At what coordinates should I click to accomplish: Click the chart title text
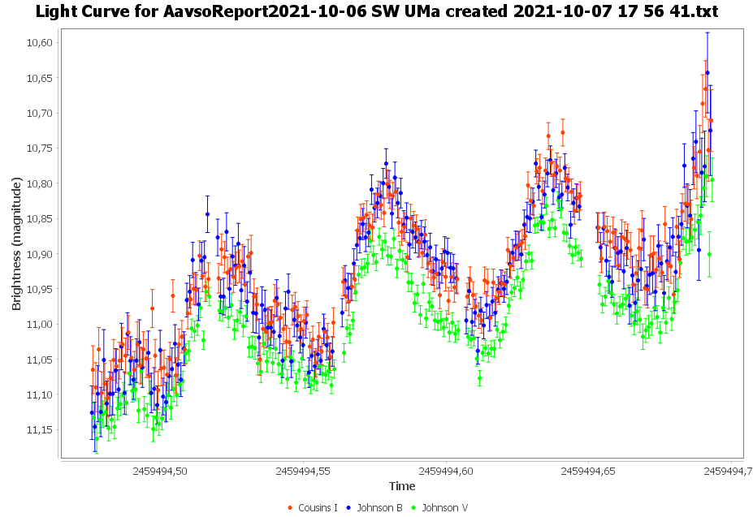click(x=376, y=12)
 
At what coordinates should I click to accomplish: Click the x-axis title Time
click(x=402, y=486)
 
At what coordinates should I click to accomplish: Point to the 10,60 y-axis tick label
click(x=40, y=42)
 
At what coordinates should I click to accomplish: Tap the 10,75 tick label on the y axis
click(x=40, y=148)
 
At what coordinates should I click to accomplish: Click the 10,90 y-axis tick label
click(x=40, y=254)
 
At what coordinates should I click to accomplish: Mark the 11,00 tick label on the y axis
click(x=40, y=324)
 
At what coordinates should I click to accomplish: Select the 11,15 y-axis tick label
click(x=40, y=429)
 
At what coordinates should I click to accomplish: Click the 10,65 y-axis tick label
click(x=40, y=78)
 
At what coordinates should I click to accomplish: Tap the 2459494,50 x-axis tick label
click(x=159, y=470)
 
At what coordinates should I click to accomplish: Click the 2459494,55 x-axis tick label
click(x=302, y=470)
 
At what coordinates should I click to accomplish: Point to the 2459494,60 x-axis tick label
click(x=446, y=470)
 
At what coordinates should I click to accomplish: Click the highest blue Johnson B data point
click(x=708, y=72)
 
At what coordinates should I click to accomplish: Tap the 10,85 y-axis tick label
click(x=40, y=218)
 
